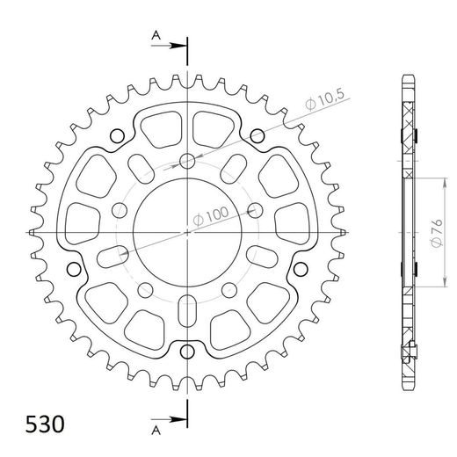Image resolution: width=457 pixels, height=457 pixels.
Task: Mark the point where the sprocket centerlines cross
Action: point(188,231)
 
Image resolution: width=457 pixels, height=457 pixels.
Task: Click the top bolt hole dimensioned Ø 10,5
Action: point(188,160)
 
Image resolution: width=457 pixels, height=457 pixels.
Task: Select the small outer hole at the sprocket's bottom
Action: point(187,352)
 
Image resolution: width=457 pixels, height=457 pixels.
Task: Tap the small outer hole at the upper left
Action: point(119,134)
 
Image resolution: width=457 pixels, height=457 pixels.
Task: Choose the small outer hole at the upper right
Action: point(257,135)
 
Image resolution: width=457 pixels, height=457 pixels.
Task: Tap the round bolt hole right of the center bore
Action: point(256,209)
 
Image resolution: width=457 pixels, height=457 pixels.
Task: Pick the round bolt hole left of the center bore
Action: point(120,209)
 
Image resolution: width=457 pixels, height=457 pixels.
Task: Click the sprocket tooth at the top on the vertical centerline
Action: point(188,76)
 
